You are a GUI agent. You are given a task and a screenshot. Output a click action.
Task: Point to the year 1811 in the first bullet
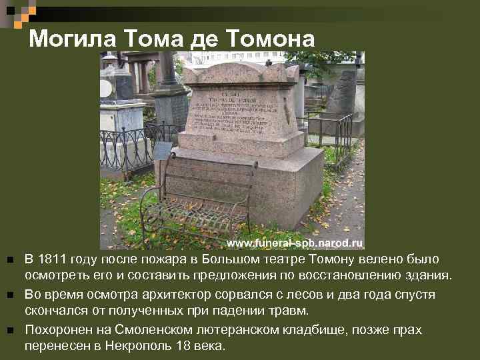click(x=51, y=259)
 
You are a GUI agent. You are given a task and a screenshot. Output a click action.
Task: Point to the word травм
click(x=292, y=311)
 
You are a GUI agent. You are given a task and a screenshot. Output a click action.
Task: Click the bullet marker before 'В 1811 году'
click(x=9, y=259)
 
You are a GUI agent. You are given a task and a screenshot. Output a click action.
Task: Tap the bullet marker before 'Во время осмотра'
click(x=9, y=295)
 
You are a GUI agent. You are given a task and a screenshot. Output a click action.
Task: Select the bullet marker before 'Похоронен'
click(x=9, y=331)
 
